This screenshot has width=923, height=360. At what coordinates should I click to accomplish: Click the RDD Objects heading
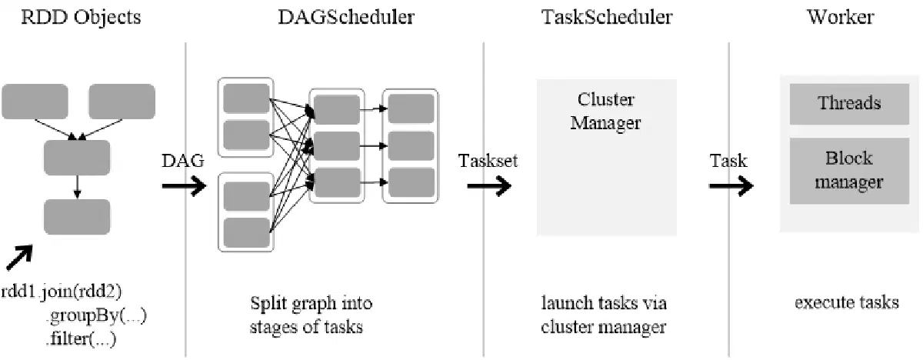(x=81, y=18)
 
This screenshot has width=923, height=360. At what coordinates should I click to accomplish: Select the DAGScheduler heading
(x=346, y=17)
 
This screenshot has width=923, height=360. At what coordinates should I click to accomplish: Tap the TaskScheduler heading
(x=607, y=17)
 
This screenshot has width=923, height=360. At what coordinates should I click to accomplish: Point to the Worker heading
(x=841, y=17)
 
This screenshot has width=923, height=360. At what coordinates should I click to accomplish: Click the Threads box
(x=849, y=104)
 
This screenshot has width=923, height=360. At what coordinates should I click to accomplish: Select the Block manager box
(x=849, y=171)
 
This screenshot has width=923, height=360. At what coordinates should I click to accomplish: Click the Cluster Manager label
(x=606, y=112)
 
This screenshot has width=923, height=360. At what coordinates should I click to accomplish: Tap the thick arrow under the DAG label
(x=184, y=185)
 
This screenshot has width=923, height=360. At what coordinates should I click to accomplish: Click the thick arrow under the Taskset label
(x=489, y=185)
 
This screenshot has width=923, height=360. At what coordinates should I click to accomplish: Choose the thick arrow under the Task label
(x=731, y=185)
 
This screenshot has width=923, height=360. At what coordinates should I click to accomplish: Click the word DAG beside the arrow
(x=183, y=161)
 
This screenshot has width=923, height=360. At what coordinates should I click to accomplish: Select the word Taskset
(x=488, y=161)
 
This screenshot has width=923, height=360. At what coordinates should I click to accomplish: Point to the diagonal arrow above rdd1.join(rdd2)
(x=19, y=258)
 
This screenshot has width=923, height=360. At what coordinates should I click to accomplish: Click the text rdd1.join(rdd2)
(x=62, y=292)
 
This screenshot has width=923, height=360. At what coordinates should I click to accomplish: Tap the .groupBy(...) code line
(x=96, y=316)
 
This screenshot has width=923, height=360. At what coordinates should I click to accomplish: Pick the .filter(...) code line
(x=81, y=339)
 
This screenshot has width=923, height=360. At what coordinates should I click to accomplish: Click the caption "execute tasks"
(x=847, y=303)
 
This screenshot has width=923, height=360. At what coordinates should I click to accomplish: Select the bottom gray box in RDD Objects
(x=77, y=217)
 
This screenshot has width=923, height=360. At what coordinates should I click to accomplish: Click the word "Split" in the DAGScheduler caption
(x=268, y=304)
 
